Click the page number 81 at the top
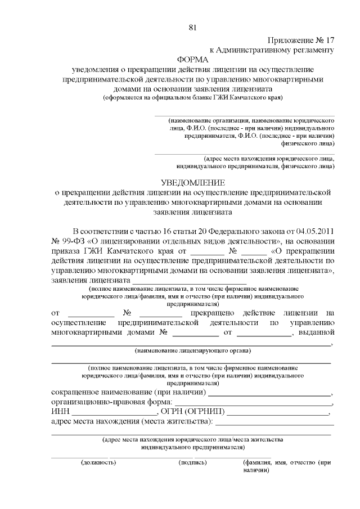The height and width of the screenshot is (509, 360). pyautogui.click(x=193, y=28)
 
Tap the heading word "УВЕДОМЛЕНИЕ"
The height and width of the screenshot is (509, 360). pyautogui.click(x=193, y=183)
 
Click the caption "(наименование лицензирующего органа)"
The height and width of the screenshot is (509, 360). pyautogui.click(x=192, y=351)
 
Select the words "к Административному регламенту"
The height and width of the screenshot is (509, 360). pyautogui.click(x=272, y=49)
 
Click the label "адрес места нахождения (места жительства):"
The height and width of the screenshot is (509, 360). pyautogui.click(x=132, y=422)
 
